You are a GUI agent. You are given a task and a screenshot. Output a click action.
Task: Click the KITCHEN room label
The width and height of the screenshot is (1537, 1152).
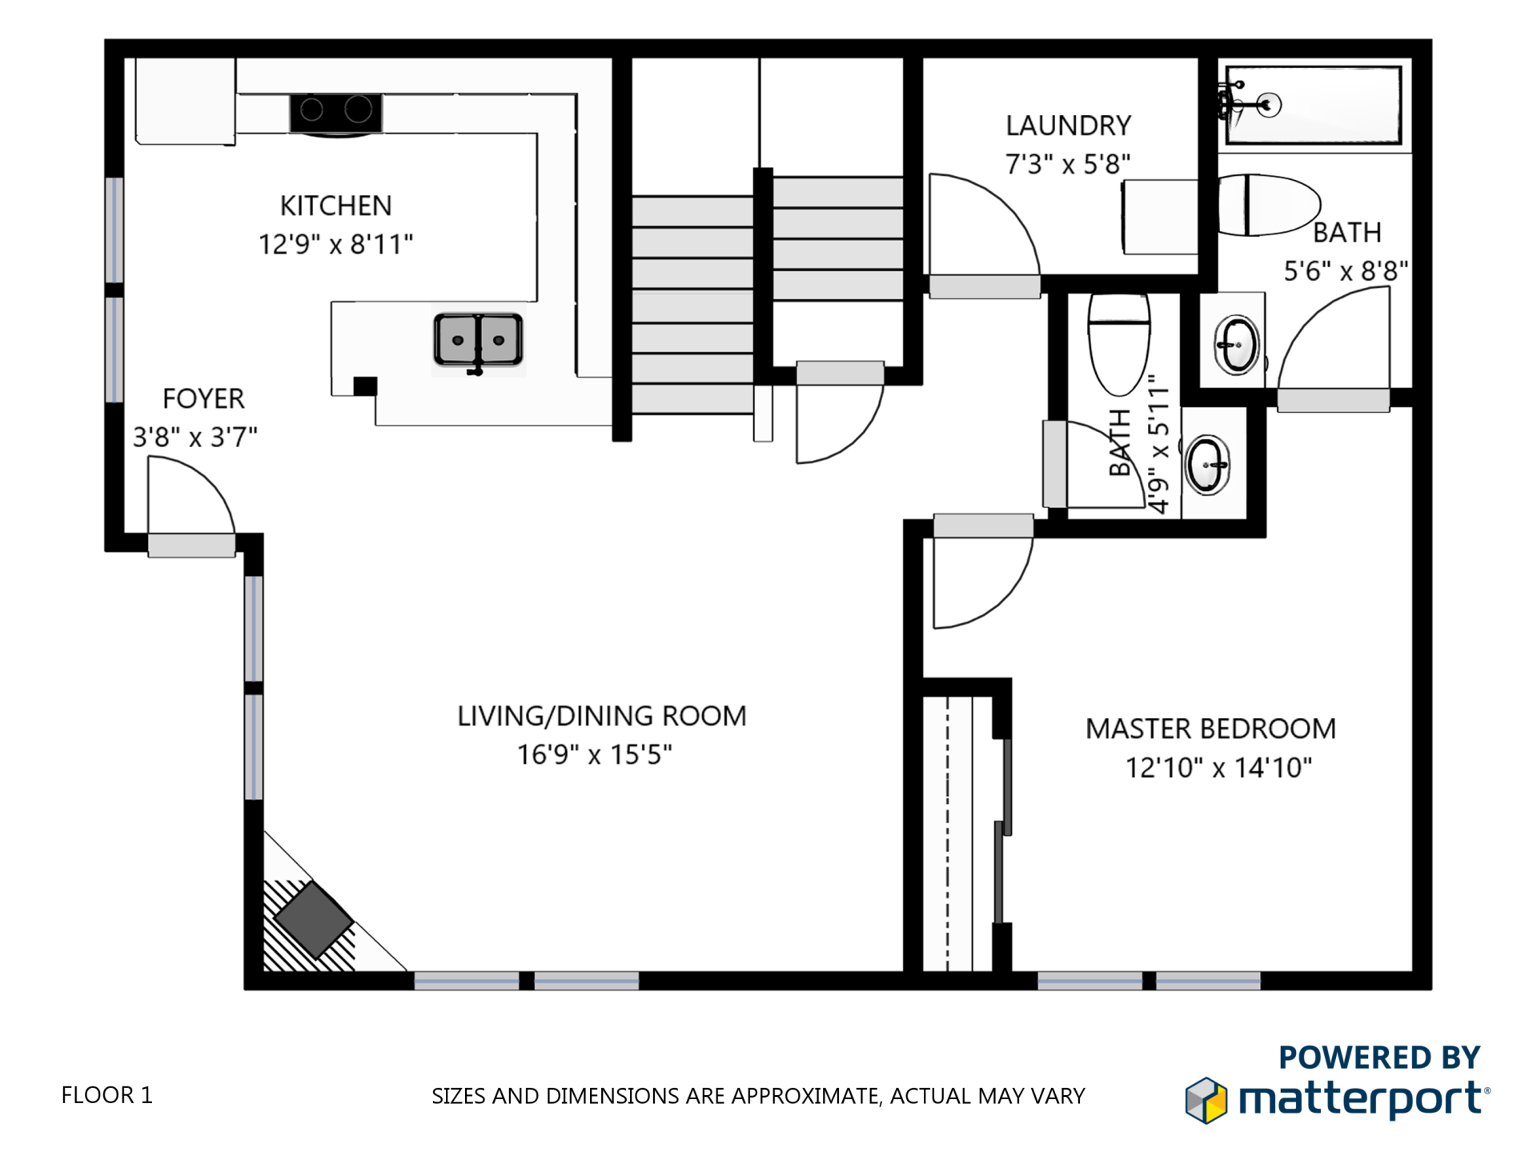(335, 206)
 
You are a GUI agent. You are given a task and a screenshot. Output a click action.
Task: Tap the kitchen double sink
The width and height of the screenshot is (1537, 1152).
(478, 340)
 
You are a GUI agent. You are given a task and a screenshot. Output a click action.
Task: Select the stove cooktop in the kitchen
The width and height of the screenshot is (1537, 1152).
(335, 112)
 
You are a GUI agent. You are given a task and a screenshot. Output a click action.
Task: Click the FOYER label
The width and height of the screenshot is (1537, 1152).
(203, 398)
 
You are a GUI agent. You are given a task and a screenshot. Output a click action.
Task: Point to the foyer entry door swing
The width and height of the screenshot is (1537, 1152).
(189, 496)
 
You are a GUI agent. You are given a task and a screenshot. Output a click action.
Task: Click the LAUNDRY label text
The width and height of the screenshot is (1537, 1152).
(1068, 126)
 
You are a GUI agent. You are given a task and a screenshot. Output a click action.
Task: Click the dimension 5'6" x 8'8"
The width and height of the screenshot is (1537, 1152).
(1346, 271)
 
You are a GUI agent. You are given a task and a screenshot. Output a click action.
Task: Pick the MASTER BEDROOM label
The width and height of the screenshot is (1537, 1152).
(1210, 729)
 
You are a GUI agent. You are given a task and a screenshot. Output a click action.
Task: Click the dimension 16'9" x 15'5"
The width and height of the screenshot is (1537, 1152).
(594, 754)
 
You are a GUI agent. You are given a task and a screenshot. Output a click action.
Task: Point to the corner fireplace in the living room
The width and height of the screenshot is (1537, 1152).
(314, 920)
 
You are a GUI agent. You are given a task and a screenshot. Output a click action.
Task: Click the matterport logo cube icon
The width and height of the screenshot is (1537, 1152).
(1206, 1100)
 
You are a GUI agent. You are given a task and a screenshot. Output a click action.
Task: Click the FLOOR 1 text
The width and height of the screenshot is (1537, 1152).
(106, 1095)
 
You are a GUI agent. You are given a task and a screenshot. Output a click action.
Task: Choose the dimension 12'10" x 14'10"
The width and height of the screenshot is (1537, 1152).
(1218, 768)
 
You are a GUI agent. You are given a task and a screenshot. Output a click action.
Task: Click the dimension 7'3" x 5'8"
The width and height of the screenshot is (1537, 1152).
(1068, 164)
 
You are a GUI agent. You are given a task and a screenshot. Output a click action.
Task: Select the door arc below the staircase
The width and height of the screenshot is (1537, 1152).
(837, 424)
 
